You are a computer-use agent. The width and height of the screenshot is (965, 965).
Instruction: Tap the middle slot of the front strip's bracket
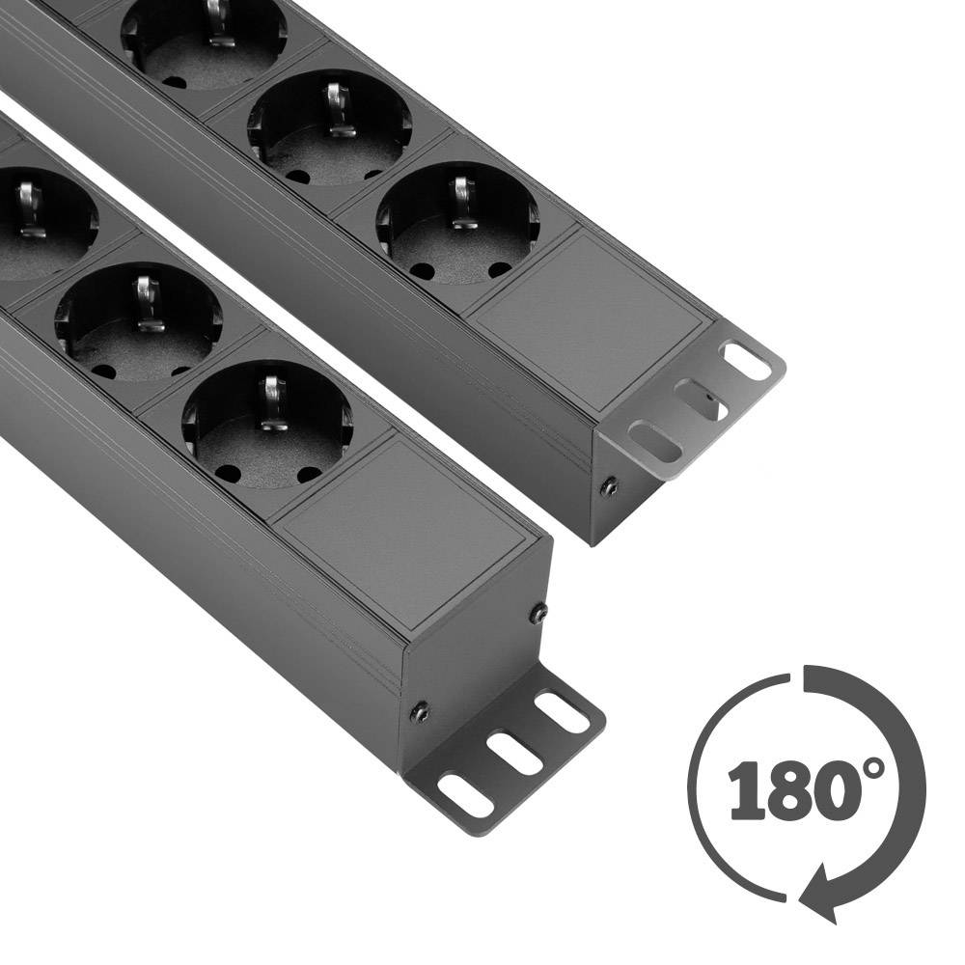pos(515,752)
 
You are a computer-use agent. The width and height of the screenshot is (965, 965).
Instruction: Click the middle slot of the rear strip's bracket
pos(701,400)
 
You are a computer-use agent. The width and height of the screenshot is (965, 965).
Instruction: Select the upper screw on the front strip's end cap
pos(539,614)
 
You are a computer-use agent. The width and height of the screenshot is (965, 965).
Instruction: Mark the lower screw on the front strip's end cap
pos(421,713)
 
